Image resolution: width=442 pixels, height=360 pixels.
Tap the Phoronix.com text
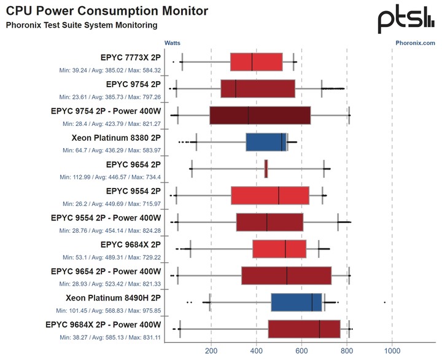[415, 43]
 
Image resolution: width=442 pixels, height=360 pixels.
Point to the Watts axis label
[173, 43]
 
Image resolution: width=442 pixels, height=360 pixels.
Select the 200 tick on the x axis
[211, 351]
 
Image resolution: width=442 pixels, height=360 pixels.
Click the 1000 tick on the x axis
[392, 351]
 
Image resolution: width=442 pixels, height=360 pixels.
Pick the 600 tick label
[301, 351]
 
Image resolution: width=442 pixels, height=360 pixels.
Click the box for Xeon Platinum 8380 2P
[266, 142]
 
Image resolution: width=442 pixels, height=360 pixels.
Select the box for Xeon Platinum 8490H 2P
[297, 302]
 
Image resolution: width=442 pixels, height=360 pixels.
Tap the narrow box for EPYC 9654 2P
[266, 168]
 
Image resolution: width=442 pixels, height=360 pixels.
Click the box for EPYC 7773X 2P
[256, 62]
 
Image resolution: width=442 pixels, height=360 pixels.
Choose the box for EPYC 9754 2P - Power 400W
[260, 115]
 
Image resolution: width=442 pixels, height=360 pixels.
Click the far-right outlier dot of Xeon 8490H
[385, 302]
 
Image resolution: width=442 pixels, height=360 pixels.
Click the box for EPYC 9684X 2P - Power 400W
[304, 329]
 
